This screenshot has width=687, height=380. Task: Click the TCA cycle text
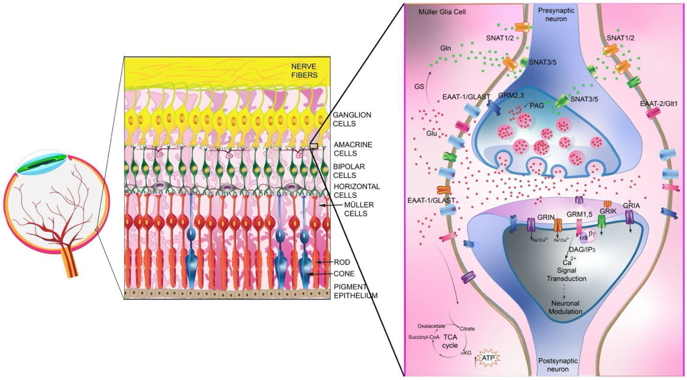pos(450,341)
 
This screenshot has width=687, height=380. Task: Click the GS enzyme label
pos(419,87)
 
